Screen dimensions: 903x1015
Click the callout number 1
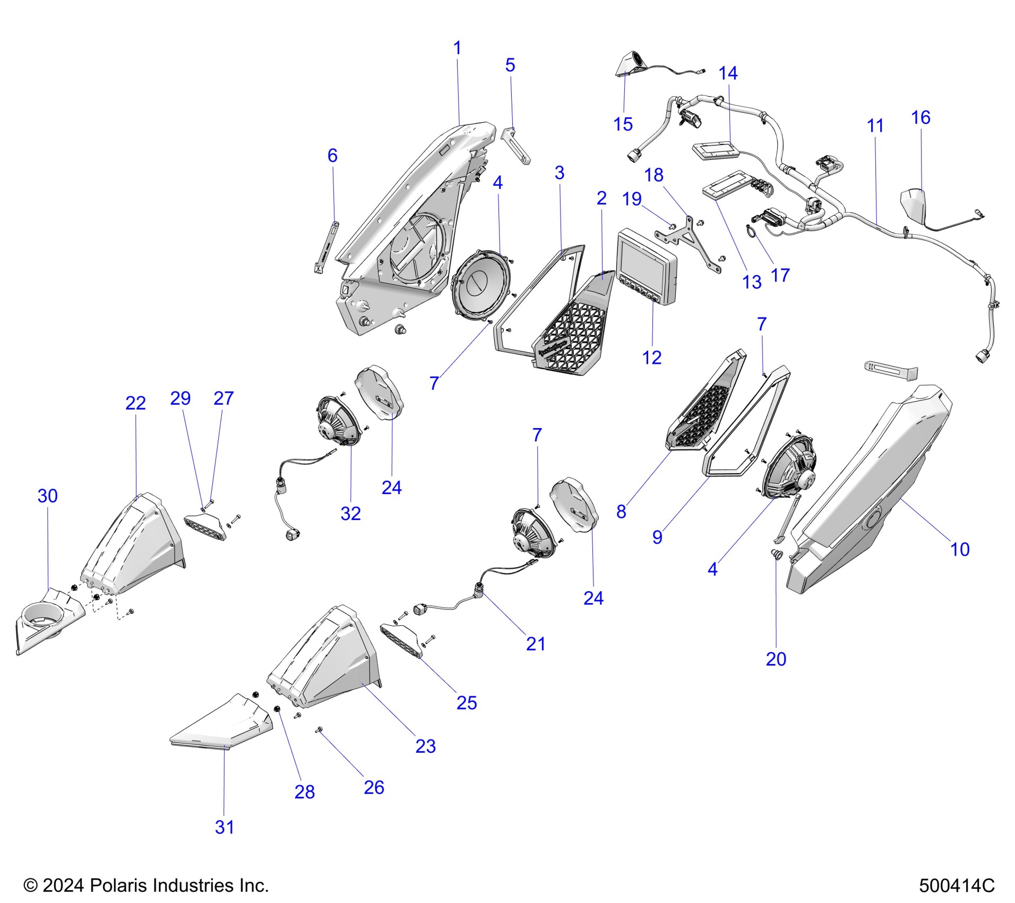coord(457,48)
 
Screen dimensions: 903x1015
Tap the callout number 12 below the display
coord(652,358)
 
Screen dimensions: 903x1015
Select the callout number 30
coord(47,496)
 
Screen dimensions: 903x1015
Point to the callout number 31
coord(225,827)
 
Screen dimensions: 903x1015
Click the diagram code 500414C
coord(957,886)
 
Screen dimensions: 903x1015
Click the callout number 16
coord(921,117)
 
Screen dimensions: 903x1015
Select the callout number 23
coord(425,746)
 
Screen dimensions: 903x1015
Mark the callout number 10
coord(959,549)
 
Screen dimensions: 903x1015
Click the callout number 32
coord(350,514)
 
